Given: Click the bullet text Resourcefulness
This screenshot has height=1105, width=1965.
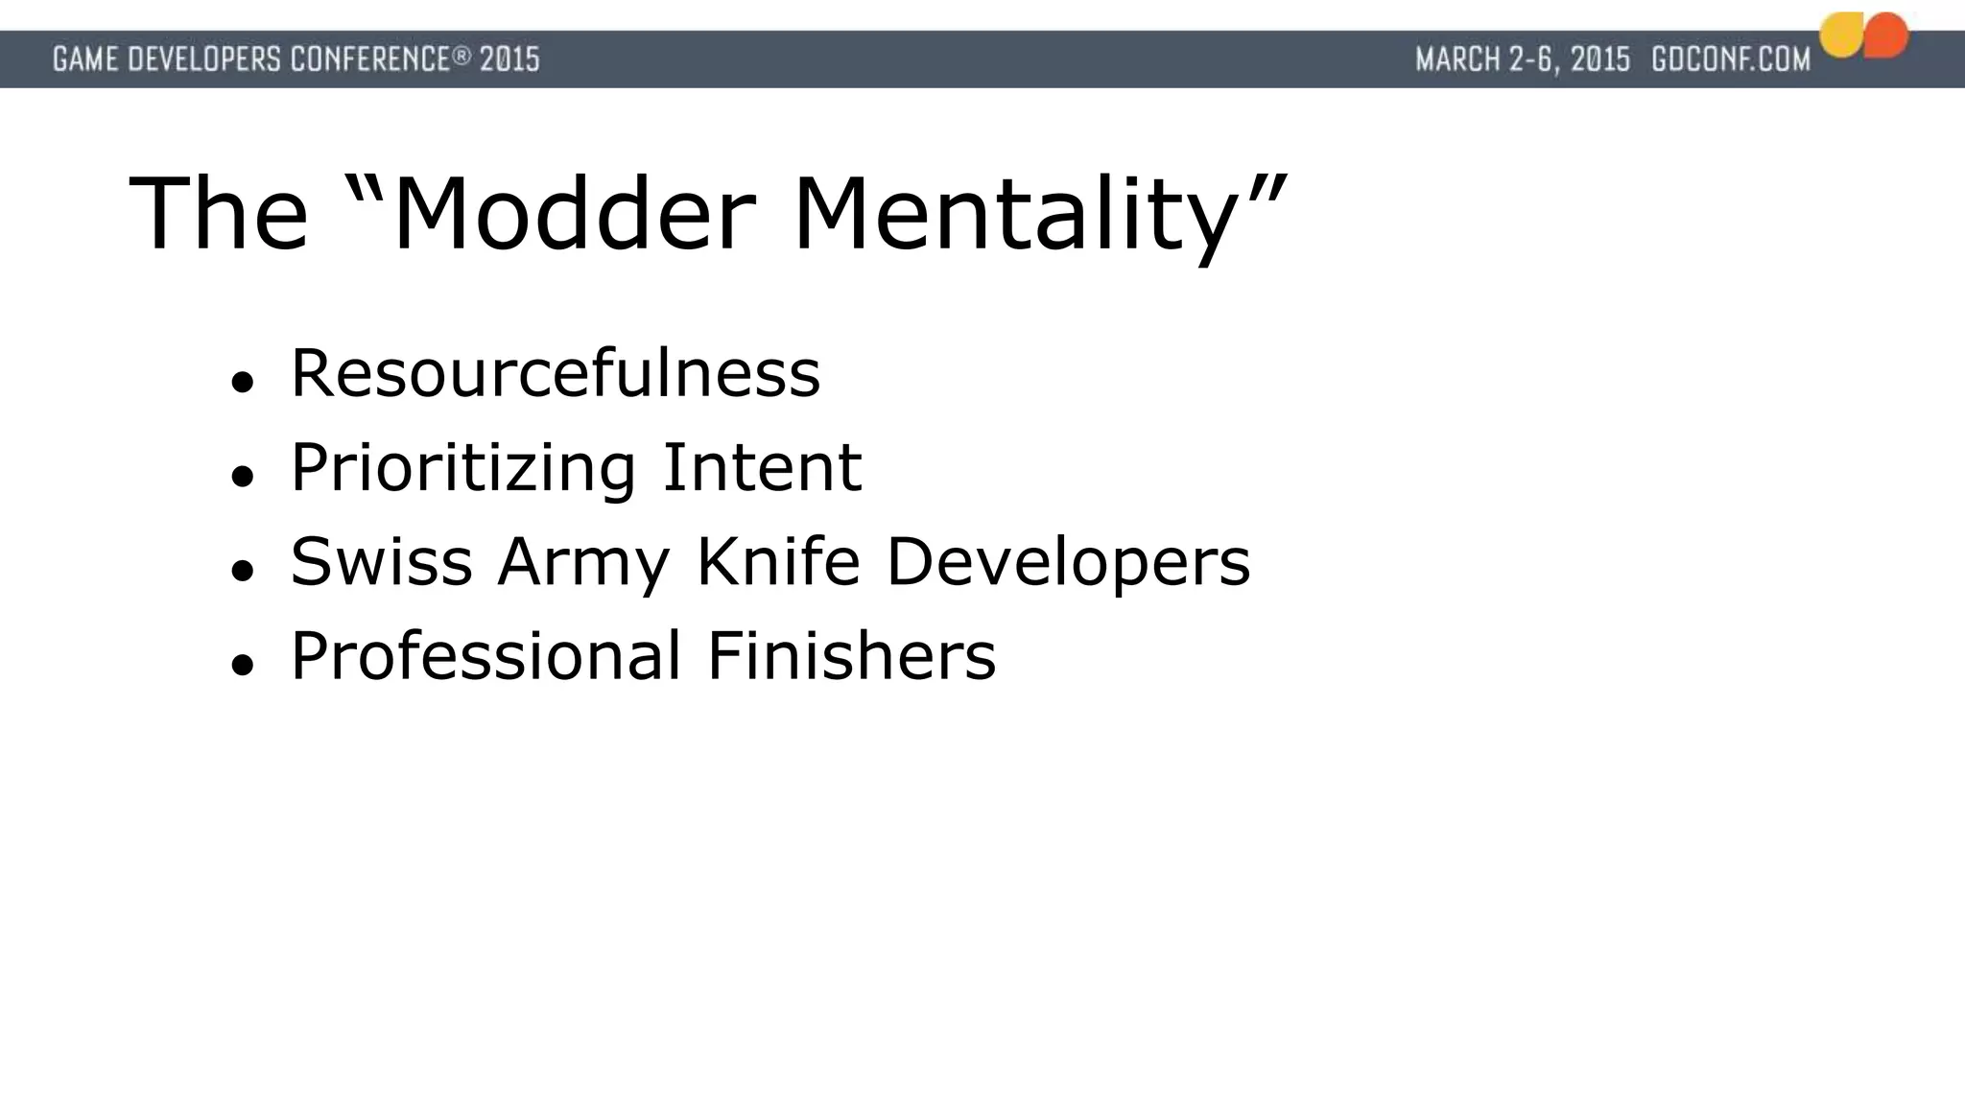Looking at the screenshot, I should pyautogui.click(x=556, y=373).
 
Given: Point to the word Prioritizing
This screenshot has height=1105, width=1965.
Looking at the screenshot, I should pyautogui.click(x=463, y=468).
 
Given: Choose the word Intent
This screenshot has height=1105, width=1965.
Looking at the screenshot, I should pyautogui.click(x=762, y=468).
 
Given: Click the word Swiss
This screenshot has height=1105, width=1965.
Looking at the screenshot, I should pyautogui.click(x=381, y=562).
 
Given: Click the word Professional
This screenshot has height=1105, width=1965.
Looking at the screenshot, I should pyautogui.click(x=485, y=656).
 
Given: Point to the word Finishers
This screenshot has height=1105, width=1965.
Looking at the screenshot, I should pyautogui.click(x=851, y=656).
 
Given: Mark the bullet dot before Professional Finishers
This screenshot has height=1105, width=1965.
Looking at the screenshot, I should pyautogui.click(x=242, y=665).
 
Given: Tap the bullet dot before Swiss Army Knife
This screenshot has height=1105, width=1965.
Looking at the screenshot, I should pyautogui.click(x=242, y=571).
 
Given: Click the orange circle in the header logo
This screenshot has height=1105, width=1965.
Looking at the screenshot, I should pyautogui.click(x=1886, y=35).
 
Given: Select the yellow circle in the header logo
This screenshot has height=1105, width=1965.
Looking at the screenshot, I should pyautogui.click(x=1842, y=36).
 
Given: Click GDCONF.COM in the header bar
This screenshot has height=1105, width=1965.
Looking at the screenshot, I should pyautogui.click(x=1731, y=59).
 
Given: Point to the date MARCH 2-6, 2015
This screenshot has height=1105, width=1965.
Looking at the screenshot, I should pyautogui.click(x=1523, y=59).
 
